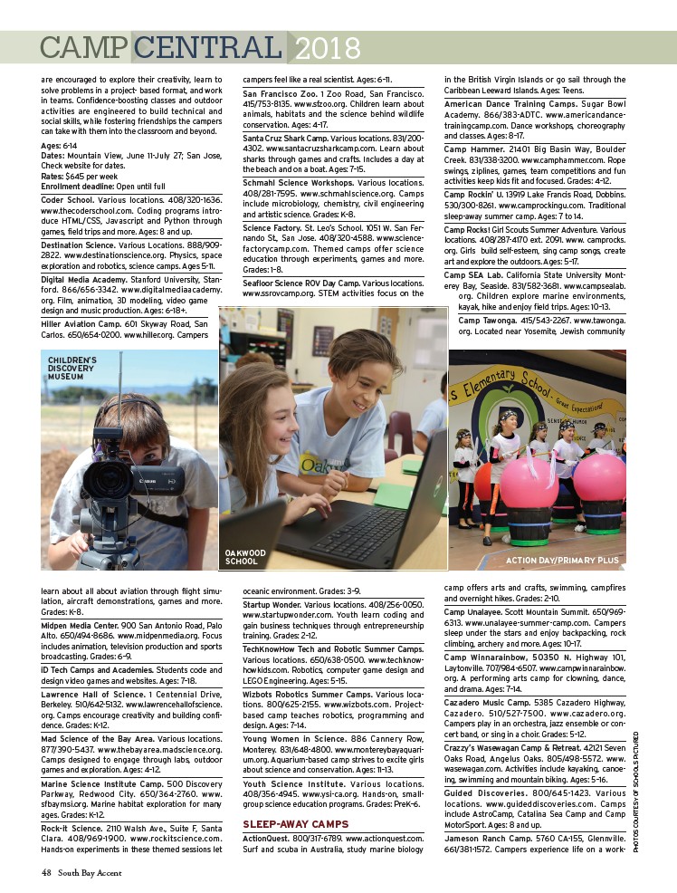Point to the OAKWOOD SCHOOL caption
click(x=245, y=557)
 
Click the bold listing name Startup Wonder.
click(x=272, y=604)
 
